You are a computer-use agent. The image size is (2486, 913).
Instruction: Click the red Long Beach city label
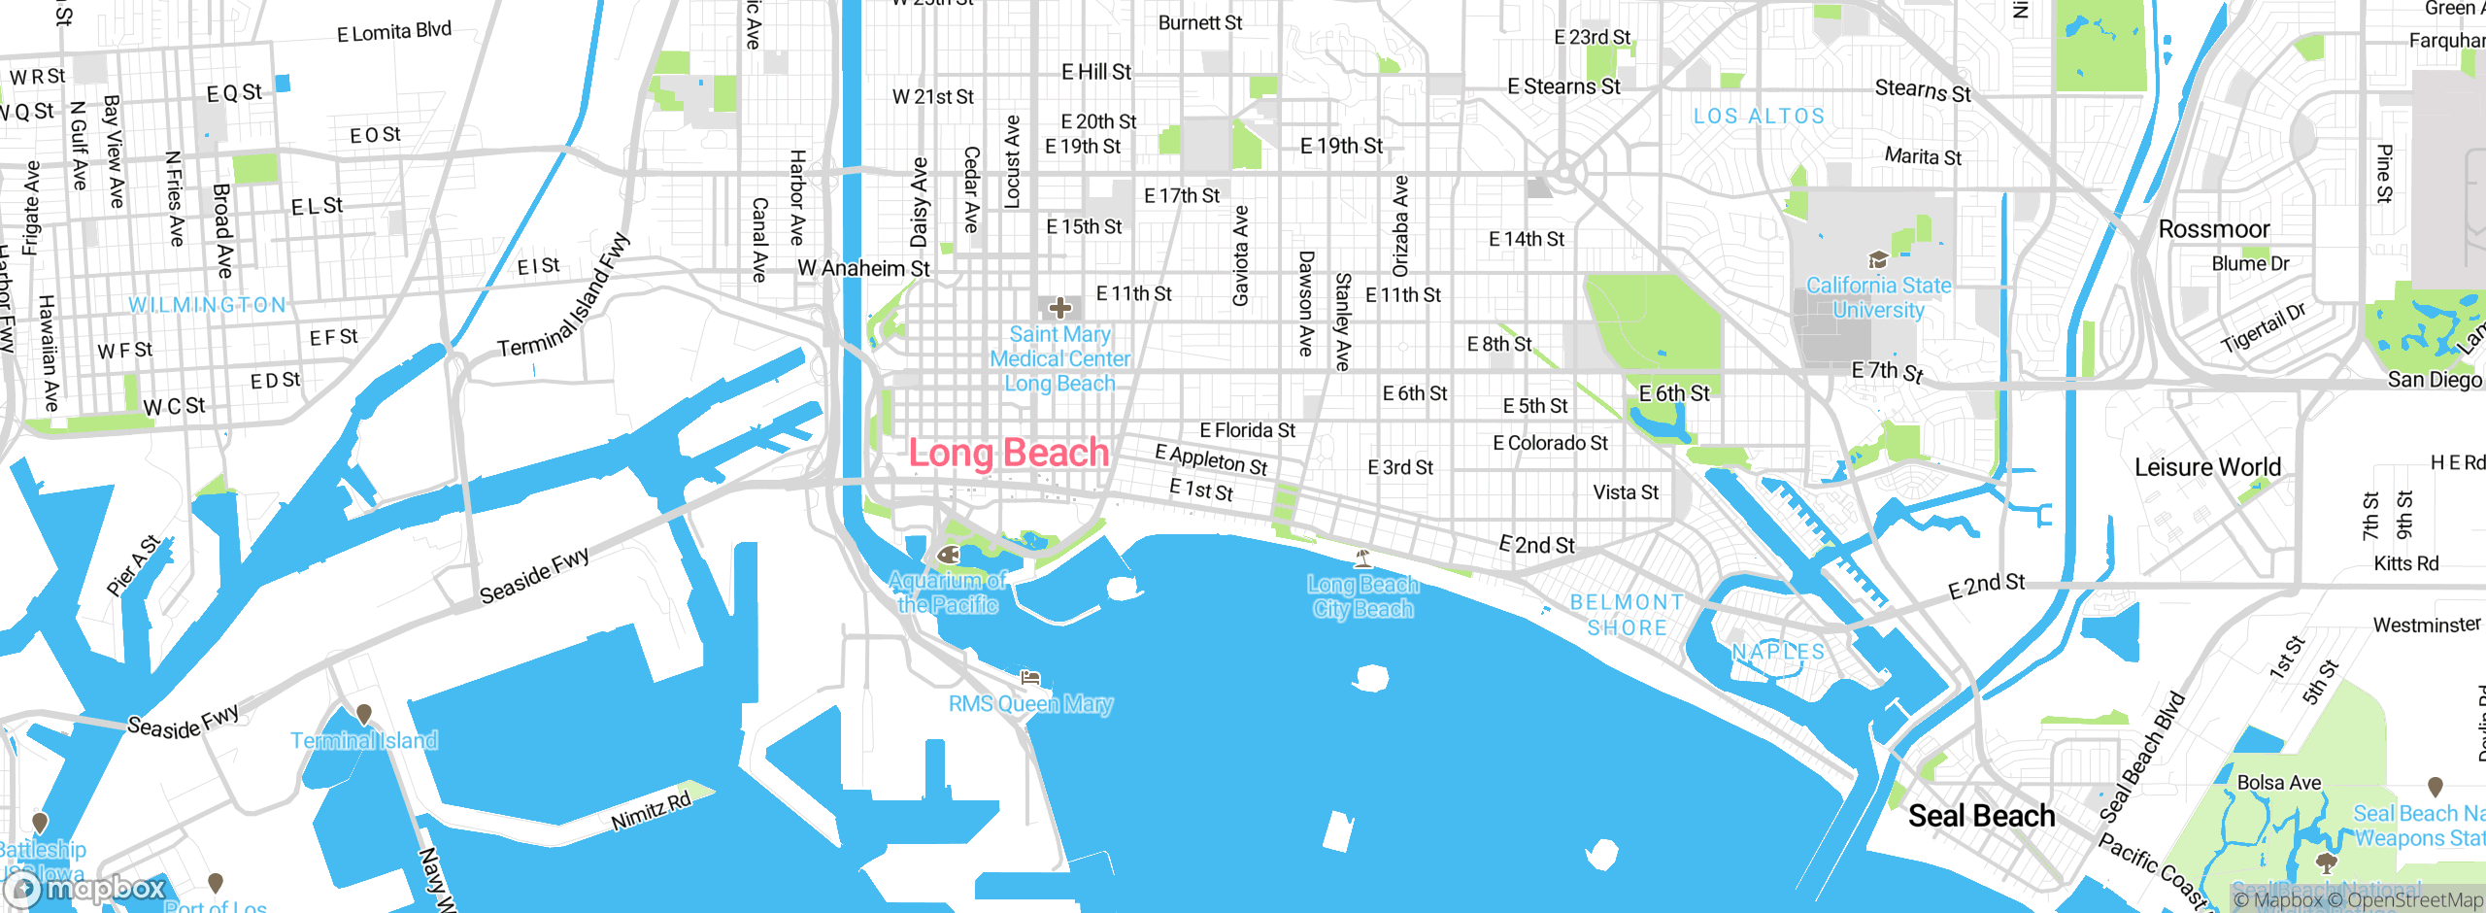pyautogui.click(x=1008, y=453)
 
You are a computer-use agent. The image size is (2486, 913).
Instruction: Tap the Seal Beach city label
pyautogui.click(x=1981, y=816)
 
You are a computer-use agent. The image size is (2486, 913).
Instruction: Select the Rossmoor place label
pyautogui.click(x=2213, y=229)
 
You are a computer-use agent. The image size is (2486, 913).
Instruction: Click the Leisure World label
pyautogui.click(x=2206, y=467)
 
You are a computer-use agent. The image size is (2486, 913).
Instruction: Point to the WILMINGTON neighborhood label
pyautogui.click(x=208, y=305)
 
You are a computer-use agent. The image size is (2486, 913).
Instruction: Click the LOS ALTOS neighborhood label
pyautogui.click(x=1759, y=117)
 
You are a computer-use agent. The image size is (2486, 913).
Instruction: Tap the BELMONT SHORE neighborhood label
pyautogui.click(x=1628, y=615)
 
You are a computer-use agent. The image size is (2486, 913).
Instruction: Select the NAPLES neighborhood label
pyautogui.click(x=1778, y=652)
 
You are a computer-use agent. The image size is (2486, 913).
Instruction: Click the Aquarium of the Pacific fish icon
pyautogui.click(x=949, y=555)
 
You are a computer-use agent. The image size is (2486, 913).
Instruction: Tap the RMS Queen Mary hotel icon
pyautogui.click(x=1030, y=678)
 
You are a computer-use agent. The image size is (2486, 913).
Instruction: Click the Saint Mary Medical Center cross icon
pyautogui.click(x=1059, y=309)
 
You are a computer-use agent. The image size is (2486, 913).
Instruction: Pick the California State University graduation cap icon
pyautogui.click(x=1878, y=259)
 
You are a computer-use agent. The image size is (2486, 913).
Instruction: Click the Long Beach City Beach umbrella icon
pyautogui.click(x=1363, y=558)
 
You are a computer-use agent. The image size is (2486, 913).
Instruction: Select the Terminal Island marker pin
pyautogui.click(x=364, y=715)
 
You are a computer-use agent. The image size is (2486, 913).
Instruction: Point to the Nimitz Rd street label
pyautogui.click(x=651, y=811)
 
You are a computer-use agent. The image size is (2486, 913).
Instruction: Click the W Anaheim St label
pyautogui.click(x=863, y=268)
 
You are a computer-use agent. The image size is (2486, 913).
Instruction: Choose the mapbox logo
pyautogui.click(x=85, y=888)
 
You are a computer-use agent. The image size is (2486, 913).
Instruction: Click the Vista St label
pyautogui.click(x=1626, y=492)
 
